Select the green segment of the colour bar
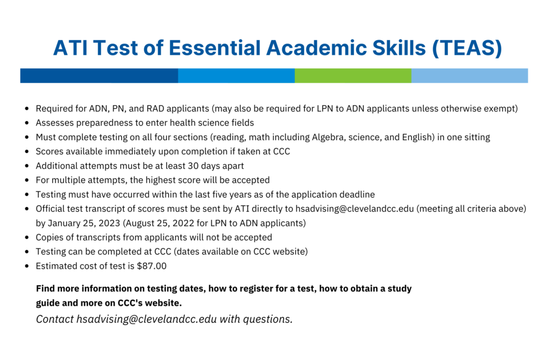pyautogui.click(x=353, y=75)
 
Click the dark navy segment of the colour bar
pyautogui.click(x=99, y=75)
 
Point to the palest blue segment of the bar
pyautogui.click(x=470, y=75)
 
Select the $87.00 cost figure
pyautogui.click(x=152, y=266)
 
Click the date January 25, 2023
pyautogui.click(x=84, y=223)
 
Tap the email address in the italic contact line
pyautogui.click(x=147, y=319)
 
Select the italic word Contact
pyautogui.click(x=55, y=319)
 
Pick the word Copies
pyautogui.click(x=48, y=237)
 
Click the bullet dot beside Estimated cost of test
pyautogui.click(x=27, y=266)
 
